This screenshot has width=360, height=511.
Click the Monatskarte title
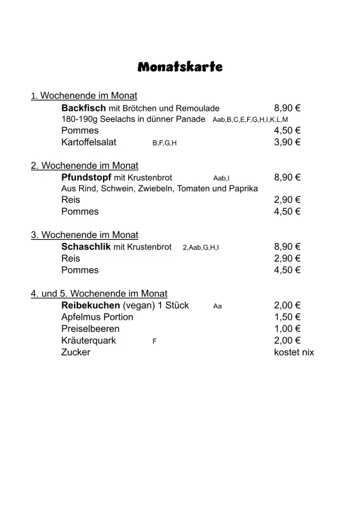[x=180, y=67]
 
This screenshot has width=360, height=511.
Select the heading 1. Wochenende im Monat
[x=84, y=96]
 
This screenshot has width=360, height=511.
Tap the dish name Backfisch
[x=84, y=108]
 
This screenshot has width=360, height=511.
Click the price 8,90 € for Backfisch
[x=287, y=108]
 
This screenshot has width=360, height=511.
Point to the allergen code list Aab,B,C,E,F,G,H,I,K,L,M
[x=250, y=120]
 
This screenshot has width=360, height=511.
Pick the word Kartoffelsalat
[x=89, y=142]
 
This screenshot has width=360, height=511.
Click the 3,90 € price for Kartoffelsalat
[x=287, y=142]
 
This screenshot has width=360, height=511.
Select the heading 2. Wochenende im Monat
[x=84, y=166]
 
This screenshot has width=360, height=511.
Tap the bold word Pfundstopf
[x=86, y=177]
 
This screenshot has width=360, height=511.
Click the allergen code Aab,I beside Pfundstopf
[x=221, y=178]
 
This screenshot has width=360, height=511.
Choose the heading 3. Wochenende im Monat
[x=84, y=235]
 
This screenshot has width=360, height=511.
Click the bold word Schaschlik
[x=86, y=247]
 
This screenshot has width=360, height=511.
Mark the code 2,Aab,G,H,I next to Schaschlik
[x=200, y=247]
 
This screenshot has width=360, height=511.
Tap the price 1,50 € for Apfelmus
[x=287, y=317]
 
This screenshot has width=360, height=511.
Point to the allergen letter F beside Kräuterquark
[x=155, y=341]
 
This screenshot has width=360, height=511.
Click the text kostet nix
[x=294, y=352]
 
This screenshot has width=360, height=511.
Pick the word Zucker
[x=75, y=352]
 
